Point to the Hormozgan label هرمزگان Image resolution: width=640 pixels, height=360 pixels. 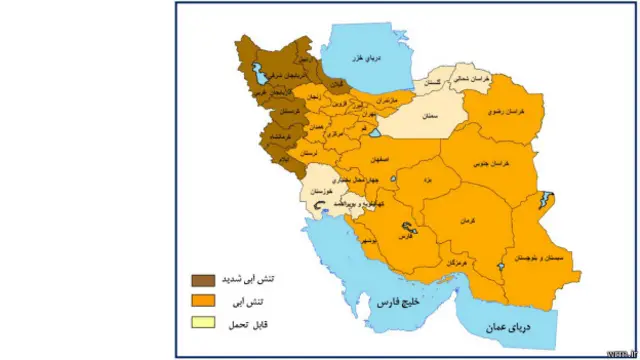(452, 261)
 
